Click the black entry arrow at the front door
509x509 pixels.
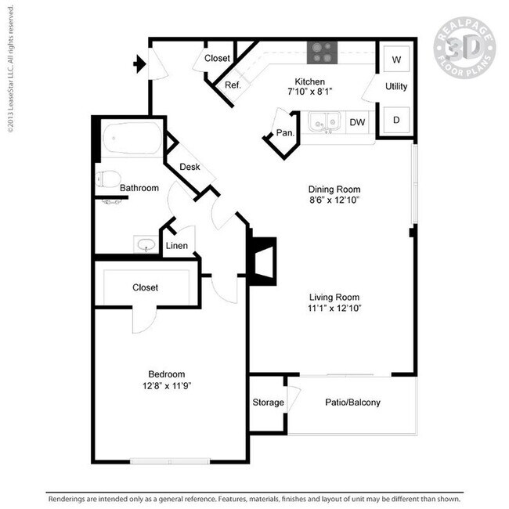tap(140, 64)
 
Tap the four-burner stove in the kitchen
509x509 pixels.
tap(321, 51)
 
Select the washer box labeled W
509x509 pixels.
tap(396, 60)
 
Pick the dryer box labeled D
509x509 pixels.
tap(396, 120)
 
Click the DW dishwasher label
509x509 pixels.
tap(357, 122)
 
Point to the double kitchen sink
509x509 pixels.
tap(323, 123)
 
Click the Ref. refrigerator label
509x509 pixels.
tap(233, 85)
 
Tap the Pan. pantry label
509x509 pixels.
tap(285, 133)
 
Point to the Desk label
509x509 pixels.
tap(190, 167)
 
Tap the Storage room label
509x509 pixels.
tap(268, 403)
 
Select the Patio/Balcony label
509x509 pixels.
tap(352, 403)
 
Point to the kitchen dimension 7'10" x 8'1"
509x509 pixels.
tap(309, 92)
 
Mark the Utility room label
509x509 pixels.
tap(396, 87)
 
